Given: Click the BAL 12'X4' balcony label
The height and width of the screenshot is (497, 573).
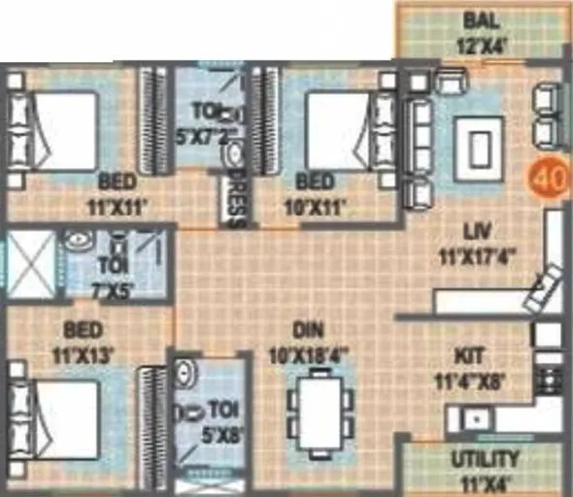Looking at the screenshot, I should point(482,32).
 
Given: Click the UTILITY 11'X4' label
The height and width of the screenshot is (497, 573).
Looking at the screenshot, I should point(485,467).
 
